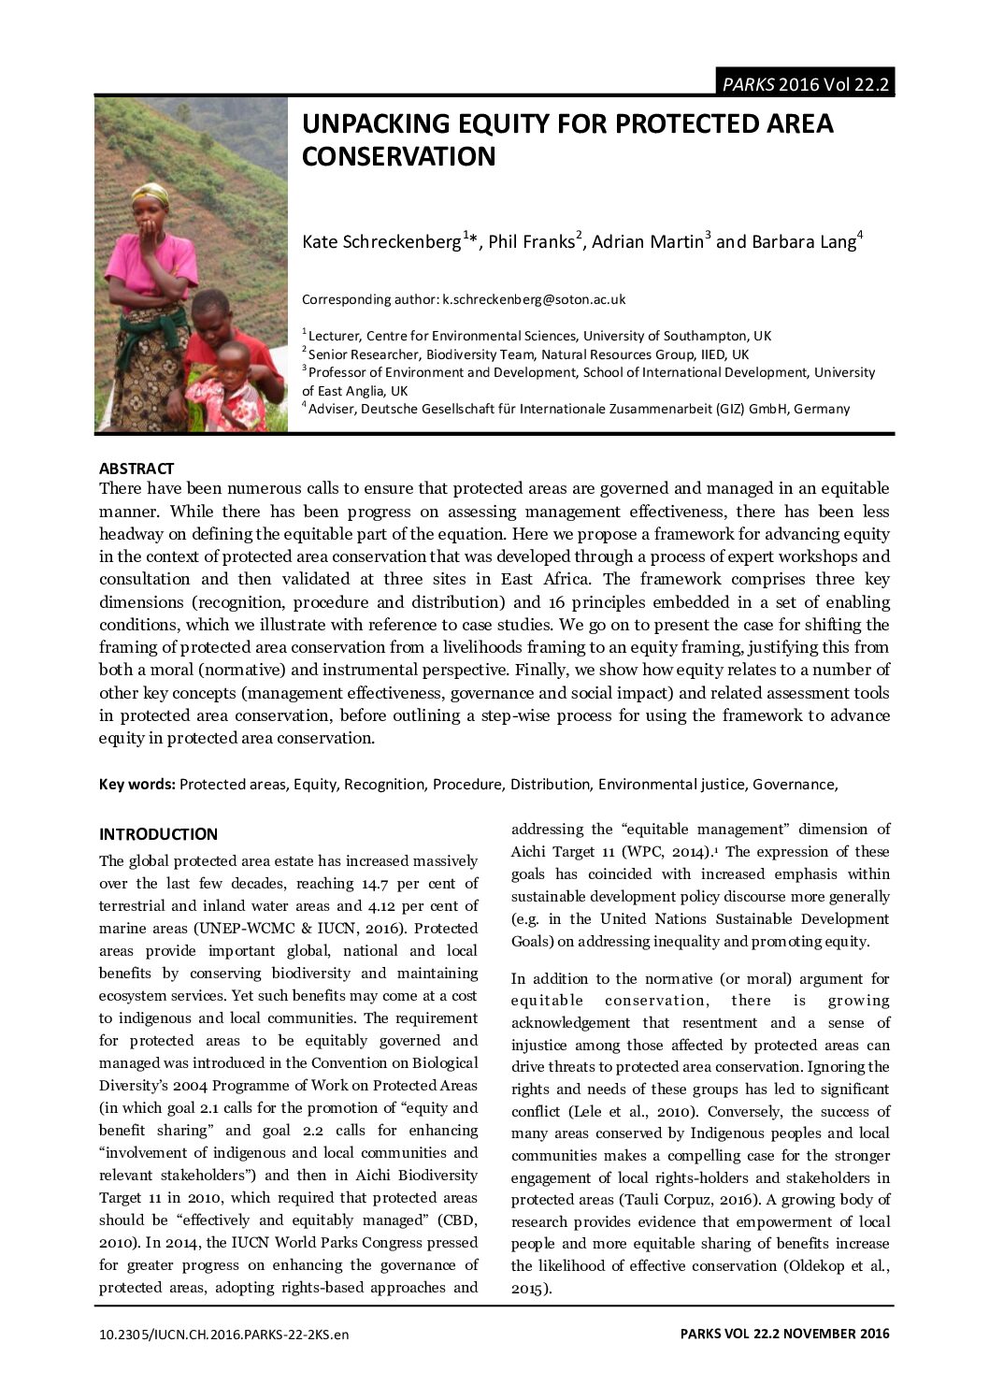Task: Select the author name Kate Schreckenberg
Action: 381,241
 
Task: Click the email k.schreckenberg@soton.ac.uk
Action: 534,299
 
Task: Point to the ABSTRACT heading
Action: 136,469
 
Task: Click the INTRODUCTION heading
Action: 158,834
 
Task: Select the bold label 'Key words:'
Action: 137,784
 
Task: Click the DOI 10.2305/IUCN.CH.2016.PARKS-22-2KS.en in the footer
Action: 223,1335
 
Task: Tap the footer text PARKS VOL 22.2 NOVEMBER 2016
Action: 785,1335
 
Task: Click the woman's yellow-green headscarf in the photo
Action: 150,195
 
